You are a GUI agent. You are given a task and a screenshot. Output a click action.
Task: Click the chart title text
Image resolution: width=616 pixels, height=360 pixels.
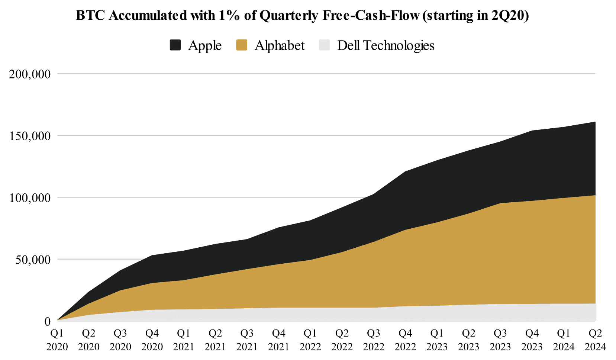pos(302,16)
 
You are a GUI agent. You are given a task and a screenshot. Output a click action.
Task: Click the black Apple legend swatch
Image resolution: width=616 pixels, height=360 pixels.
pos(175,45)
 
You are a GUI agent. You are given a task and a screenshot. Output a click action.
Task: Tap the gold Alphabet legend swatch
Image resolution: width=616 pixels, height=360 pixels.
pos(242,45)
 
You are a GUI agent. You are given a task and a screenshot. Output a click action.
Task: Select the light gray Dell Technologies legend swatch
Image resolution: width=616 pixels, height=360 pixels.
pos(325,45)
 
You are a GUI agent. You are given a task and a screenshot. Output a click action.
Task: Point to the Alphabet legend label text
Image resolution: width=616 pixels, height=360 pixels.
pos(280,45)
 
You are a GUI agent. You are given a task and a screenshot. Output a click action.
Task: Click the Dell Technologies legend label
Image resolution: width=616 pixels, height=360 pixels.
pos(386,45)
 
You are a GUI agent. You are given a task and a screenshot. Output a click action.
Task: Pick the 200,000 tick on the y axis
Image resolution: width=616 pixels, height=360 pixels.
pos(30,74)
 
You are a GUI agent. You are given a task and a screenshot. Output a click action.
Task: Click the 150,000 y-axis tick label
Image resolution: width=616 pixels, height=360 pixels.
pos(30,136)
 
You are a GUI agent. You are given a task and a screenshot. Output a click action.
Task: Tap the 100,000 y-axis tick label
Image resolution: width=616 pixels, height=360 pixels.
pos(30,197)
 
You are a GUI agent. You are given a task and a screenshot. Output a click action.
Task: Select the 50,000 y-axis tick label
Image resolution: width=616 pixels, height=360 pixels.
pos(32,259)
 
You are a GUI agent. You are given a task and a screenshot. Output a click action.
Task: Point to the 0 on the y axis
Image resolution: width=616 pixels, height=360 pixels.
pos(48,321)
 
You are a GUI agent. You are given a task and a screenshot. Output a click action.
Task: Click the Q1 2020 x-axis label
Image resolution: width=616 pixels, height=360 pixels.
pos(57,340)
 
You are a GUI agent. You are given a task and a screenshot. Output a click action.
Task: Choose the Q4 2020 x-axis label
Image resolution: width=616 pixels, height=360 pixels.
pos(152,340)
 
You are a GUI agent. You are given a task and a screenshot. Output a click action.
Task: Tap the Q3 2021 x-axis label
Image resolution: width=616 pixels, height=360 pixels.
pos(247,340)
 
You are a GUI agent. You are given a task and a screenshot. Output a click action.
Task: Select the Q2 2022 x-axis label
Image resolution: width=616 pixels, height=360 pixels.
pos(342,340)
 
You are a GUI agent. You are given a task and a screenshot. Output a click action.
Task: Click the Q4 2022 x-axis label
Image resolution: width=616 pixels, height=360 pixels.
pos(405,340)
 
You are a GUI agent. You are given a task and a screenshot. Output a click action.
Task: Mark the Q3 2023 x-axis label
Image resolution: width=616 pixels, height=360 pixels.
pos(500,340)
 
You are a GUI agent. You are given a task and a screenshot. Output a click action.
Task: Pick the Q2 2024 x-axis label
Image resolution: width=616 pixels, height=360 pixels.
pos(595,340)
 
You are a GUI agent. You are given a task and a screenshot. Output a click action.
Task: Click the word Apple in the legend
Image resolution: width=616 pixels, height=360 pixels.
pos(205,45)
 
